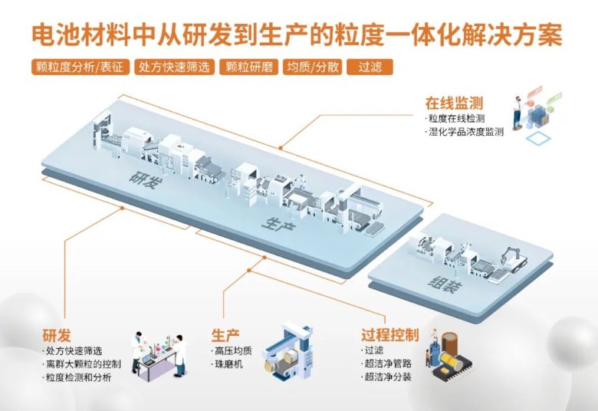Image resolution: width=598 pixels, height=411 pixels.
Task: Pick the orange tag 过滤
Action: (370, 67)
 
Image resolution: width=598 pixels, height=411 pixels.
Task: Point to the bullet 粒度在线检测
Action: (458, 118)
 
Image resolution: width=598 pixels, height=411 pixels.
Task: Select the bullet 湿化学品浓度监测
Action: (467, 132)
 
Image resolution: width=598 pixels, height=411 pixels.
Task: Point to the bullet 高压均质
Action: (232, 351)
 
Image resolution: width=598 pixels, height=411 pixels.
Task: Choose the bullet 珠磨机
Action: (228, 365)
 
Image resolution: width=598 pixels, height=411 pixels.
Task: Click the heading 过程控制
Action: (389, 335)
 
